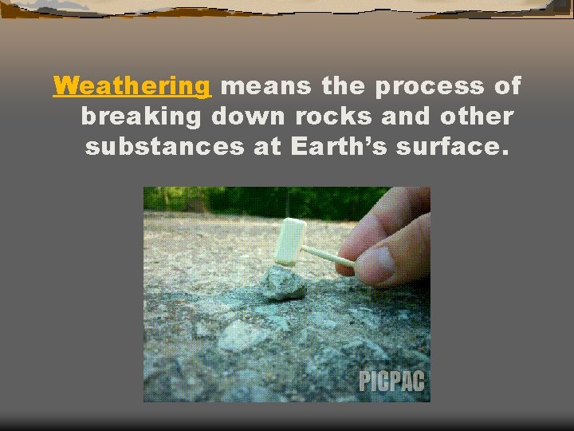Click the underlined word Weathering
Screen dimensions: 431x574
point(132,85)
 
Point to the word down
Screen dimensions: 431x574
point(247,117)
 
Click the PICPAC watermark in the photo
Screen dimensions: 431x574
point(391,382)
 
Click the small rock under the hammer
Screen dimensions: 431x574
point(283,283)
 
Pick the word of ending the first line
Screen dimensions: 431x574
point(507,85)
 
